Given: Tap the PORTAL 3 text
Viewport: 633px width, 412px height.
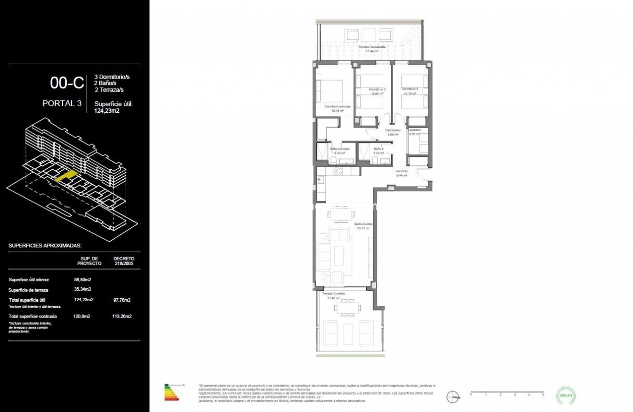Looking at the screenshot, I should pos(62,103).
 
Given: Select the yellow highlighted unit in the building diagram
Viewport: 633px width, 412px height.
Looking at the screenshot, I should pos(66,176).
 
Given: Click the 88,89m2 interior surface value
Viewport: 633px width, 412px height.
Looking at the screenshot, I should pos(83,280).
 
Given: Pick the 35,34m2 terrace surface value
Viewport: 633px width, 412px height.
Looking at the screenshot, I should pos(83,289).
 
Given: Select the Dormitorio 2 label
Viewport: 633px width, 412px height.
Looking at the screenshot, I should pos(377,90).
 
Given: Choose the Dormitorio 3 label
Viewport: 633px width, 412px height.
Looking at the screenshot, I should pos(410,89).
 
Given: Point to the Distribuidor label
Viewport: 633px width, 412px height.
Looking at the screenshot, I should pos(393,130).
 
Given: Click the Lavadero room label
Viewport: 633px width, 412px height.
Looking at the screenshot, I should pos(414,130).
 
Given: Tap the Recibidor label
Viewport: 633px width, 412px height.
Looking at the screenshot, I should pos(401,171).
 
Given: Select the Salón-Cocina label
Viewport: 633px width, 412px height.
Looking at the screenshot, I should pos(364,224).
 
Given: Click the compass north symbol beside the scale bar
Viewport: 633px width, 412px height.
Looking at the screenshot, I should pos(452,397).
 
